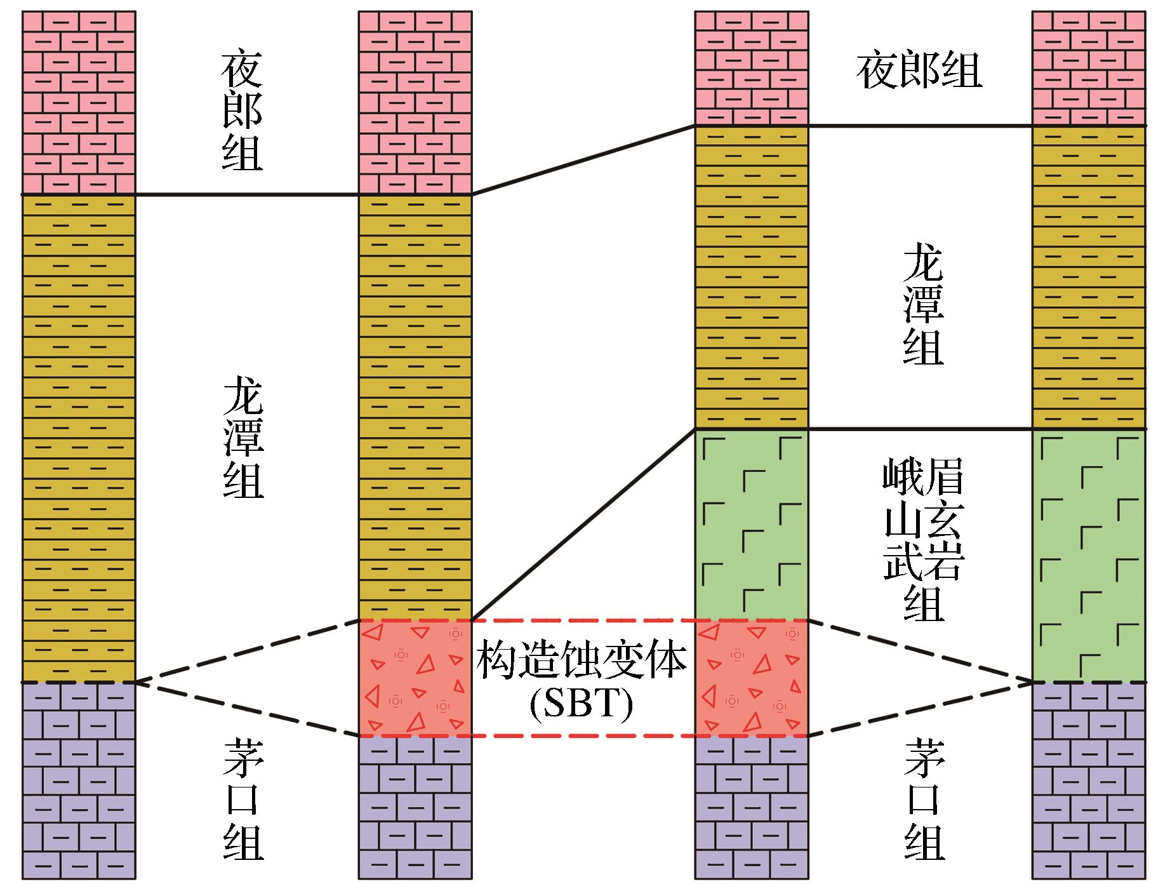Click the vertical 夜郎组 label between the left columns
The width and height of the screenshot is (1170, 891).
[242, 112]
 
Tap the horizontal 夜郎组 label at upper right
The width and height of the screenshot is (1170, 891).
[919, 71]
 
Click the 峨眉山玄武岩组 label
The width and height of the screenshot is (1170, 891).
[924, 540]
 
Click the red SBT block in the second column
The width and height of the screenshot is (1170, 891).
[415, 678]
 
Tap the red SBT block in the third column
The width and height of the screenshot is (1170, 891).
[752, 678]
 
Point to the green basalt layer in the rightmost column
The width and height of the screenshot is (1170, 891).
[1089, 556]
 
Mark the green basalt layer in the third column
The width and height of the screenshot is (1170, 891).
[752, 525]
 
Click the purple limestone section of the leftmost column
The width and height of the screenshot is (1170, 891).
[79, 780]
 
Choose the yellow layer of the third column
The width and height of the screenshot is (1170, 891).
[752, 277]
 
